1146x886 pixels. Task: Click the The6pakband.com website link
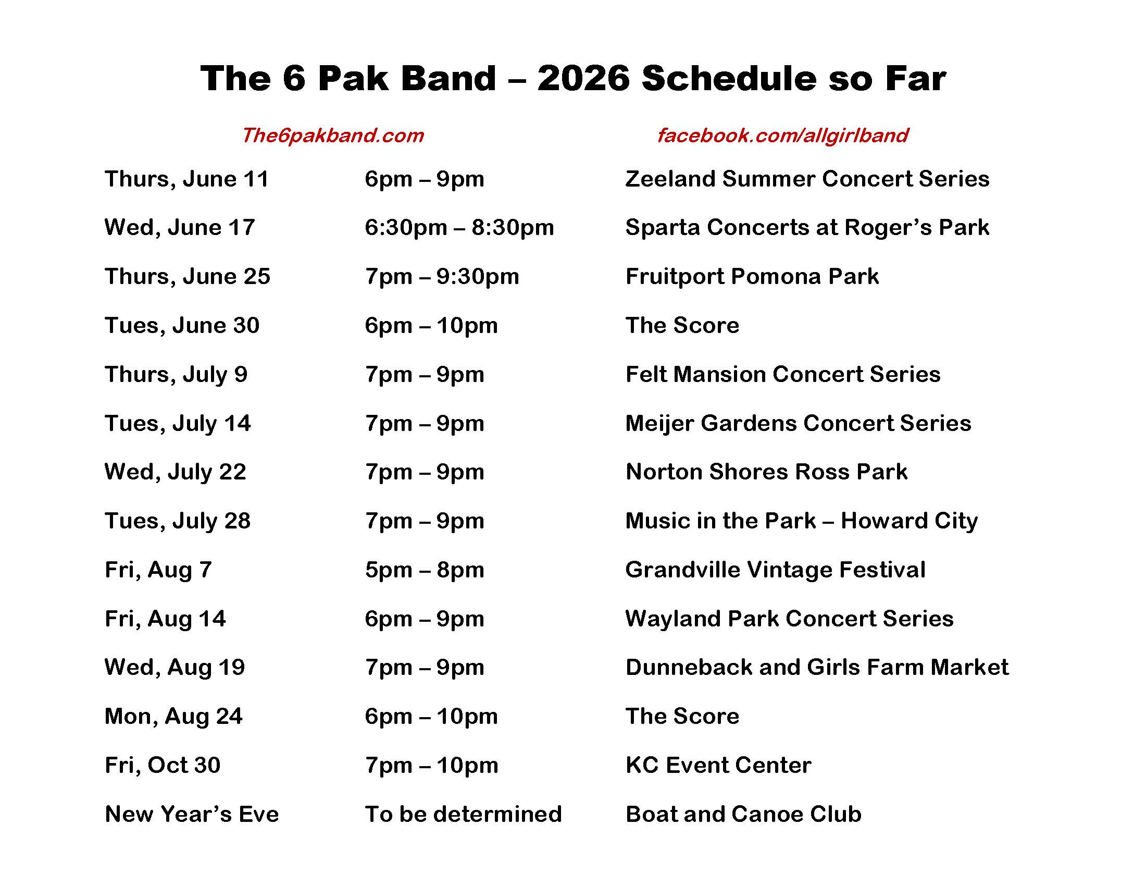coord(332,136)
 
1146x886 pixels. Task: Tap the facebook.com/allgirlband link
coord(782,136)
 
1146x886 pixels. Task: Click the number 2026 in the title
coord(583,78)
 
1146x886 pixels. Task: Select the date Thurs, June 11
coord(186,179)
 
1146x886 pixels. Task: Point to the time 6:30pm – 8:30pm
coord(459,228)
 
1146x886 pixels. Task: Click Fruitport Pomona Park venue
coord(752,277)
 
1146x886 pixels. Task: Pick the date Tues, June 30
coord(182,325)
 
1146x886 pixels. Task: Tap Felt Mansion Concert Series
coord(783,374)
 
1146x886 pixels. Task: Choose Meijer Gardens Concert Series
coord(798,424)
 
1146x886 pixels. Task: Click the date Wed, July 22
coord(175,472)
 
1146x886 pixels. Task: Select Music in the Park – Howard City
coord(802,521)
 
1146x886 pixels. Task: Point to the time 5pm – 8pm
coord(425,570)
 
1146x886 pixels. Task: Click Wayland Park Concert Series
coord(789,619)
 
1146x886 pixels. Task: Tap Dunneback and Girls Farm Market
coord(817,667)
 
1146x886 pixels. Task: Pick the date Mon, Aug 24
coord(173,717)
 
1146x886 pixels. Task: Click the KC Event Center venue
coord(718,765)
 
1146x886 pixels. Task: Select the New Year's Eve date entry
coord(192,814)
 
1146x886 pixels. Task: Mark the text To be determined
coord(463,814)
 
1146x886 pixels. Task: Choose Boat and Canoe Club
coord(743,814)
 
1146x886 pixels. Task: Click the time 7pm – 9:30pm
coord(442,277)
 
